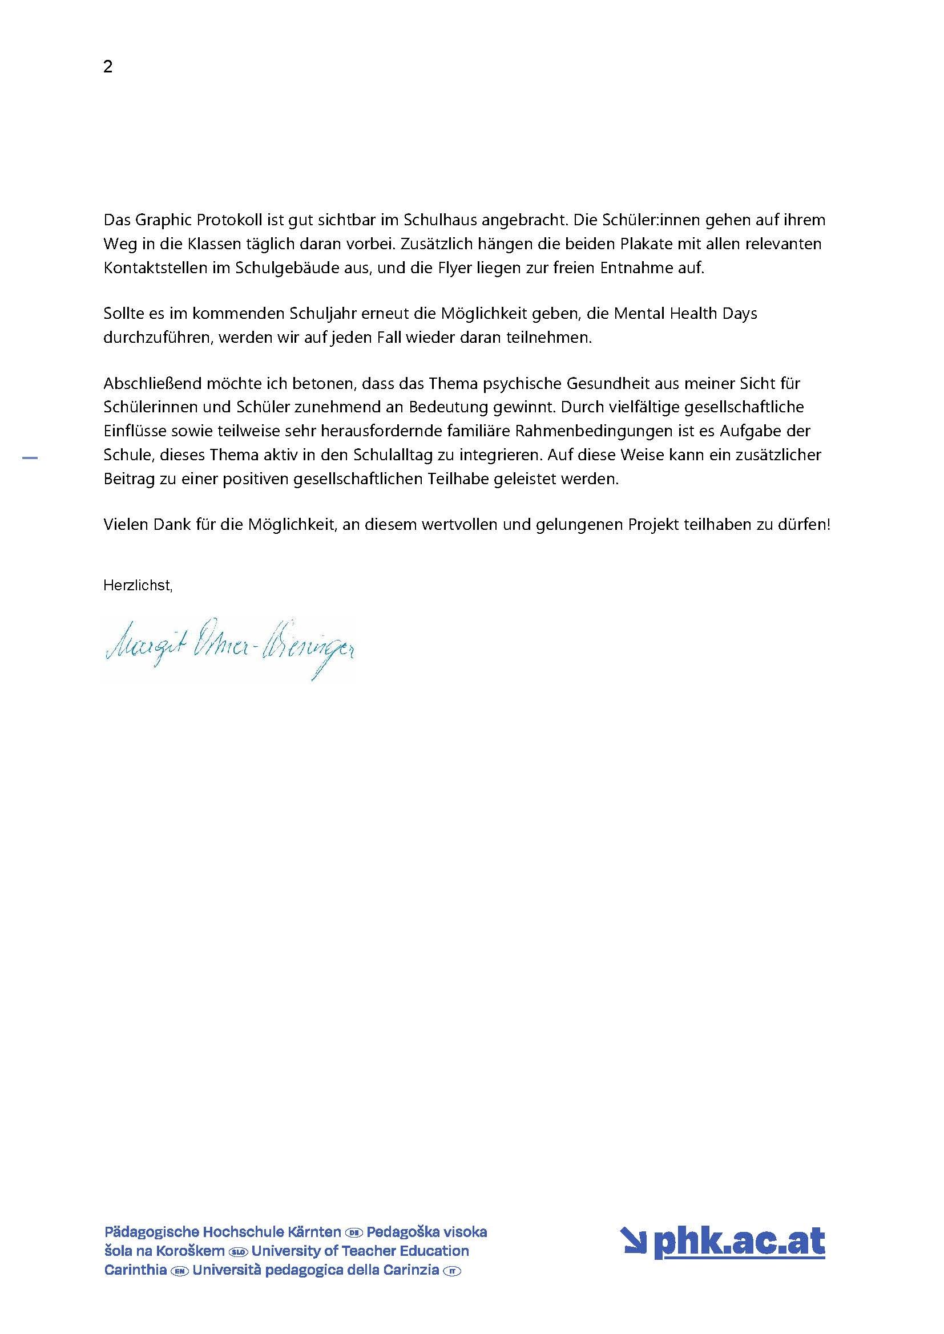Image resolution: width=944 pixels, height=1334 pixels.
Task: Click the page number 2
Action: click(x=108, y=67)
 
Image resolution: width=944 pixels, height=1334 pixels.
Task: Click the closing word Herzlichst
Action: click(x=138, y=586)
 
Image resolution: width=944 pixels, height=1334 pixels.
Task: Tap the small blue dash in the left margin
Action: click(x=30, y=459)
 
